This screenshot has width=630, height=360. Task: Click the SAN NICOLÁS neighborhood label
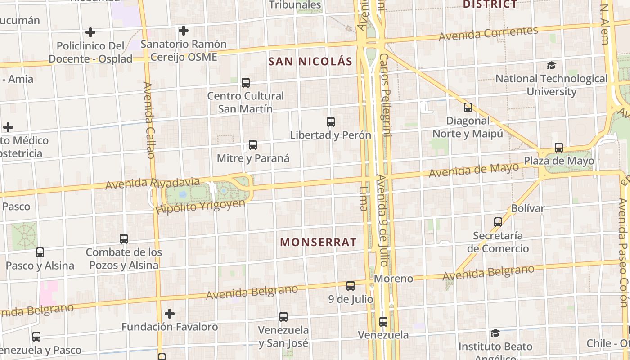pos(310,62)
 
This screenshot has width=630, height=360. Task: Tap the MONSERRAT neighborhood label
pos(318,242)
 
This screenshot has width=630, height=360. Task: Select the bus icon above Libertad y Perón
pos(331,121)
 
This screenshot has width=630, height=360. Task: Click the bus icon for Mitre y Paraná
pos(253,145)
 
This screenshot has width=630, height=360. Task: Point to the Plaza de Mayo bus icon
pos(559,148)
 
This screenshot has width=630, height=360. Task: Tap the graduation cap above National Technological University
pos(551,66)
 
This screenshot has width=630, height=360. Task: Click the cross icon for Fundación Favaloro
pos(170,313)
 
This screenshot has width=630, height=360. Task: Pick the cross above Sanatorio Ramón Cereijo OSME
pos(183,31)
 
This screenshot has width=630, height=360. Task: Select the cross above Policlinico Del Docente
pos(90,32)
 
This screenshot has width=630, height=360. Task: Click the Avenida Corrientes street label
pos(488,34)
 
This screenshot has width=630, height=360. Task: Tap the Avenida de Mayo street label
pos(473,170)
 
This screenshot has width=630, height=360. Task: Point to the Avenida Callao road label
pos(149,120)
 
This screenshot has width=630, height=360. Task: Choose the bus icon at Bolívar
pos(498,222)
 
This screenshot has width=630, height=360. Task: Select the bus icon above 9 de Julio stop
pos(351,285)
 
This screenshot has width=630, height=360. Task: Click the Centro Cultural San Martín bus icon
pos(246,83)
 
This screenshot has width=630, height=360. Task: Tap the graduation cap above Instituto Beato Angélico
pos(495,333)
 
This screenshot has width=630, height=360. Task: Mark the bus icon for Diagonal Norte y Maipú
pos(468,108)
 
